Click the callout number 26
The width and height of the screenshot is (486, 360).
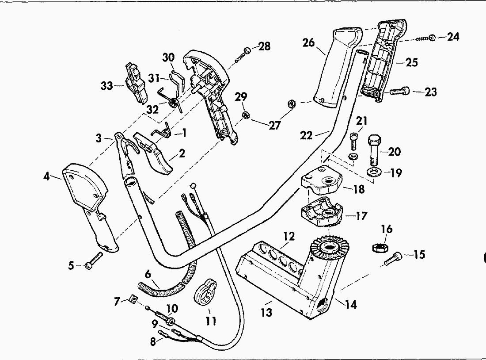(308, 43)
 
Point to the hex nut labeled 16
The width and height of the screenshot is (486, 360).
(381, 247)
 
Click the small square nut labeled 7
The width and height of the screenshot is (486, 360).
(131, 301)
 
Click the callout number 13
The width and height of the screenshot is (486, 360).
(266, 313)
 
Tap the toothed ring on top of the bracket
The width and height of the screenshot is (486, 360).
(328, 248)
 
